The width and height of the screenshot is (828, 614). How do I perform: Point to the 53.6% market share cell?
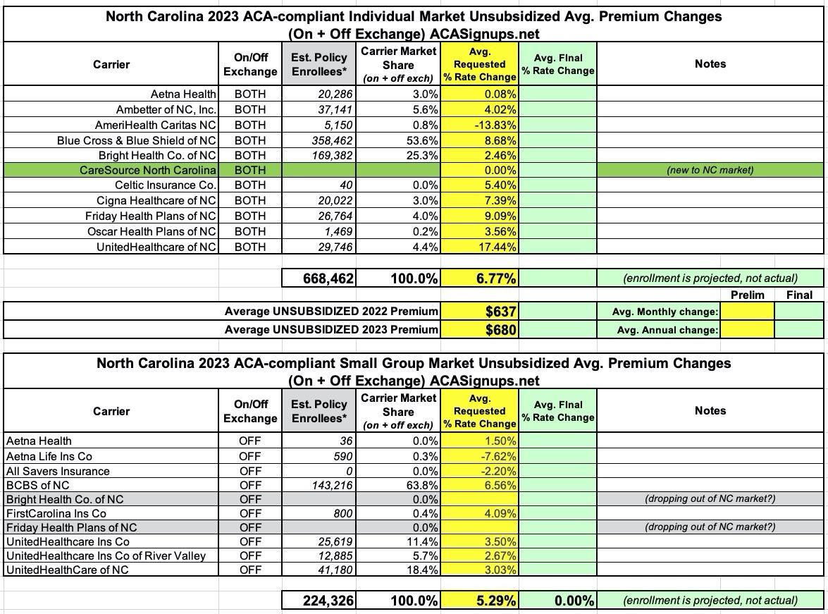tap(422, 140)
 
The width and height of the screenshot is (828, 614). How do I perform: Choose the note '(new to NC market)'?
tap(710, 170)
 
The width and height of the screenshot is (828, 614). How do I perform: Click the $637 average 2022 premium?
tap(500, 312)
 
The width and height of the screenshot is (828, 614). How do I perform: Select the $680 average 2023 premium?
tap(500, 329)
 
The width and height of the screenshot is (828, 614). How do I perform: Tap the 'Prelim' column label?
tap(747, 295)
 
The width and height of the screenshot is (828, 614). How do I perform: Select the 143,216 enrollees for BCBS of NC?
tap(331, 485)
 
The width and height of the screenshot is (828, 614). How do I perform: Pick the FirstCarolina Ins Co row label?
tap(56, 513)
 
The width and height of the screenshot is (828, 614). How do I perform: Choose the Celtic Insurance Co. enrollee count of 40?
tap(345, 185)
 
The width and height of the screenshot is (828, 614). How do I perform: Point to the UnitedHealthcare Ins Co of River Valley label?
tap(106, 555)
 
